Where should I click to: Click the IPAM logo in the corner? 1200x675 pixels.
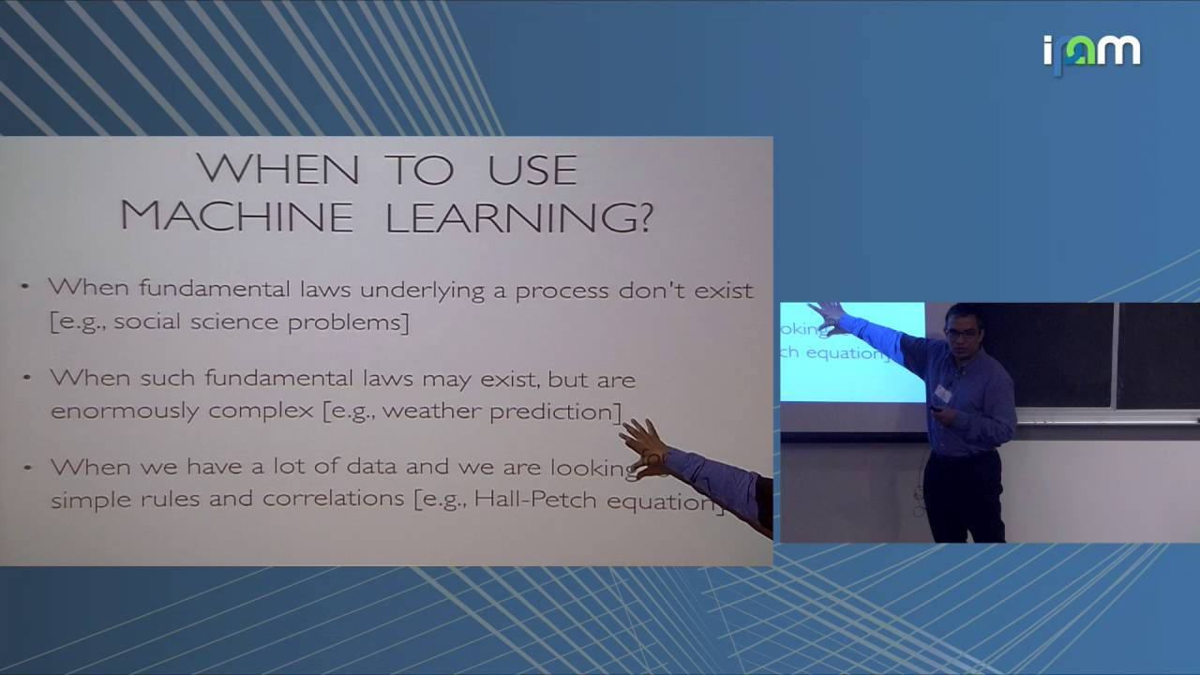1091,52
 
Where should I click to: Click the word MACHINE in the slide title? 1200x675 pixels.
236,217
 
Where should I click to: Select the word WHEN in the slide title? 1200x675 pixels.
277,170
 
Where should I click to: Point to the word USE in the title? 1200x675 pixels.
532,170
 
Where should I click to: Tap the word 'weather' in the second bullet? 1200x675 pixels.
431,411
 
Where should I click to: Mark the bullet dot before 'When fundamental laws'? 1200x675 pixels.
25,285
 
